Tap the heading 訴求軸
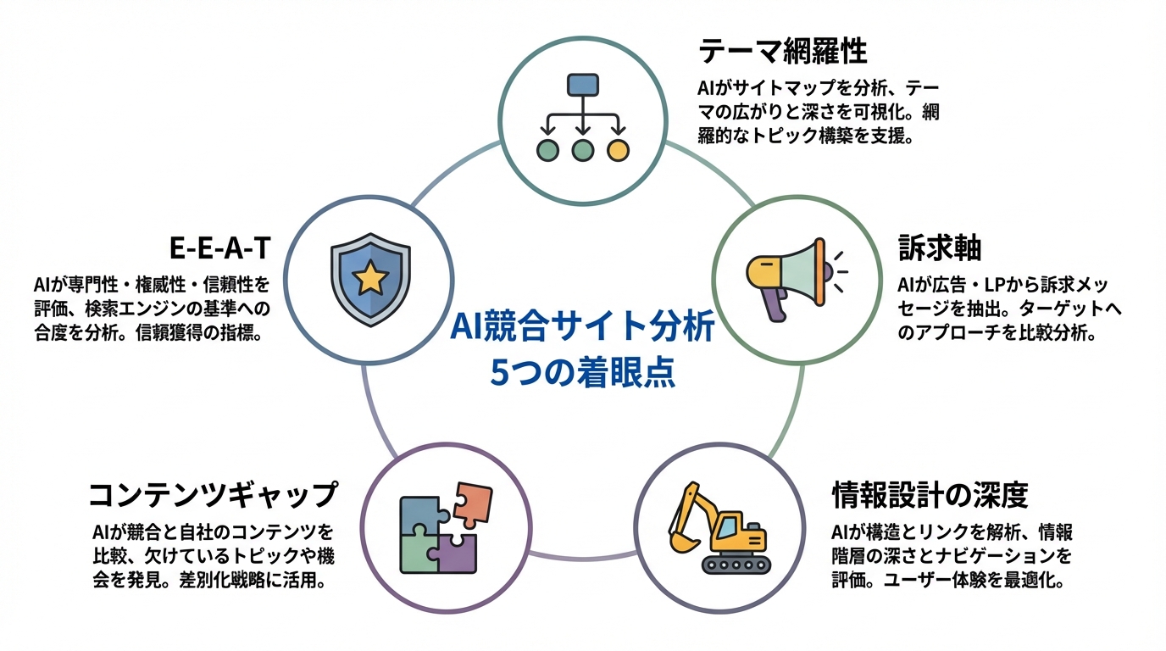939,248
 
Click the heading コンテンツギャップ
213,494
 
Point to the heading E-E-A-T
219,248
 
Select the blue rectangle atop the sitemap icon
582,84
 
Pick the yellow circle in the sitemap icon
619,150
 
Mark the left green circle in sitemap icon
548,150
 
